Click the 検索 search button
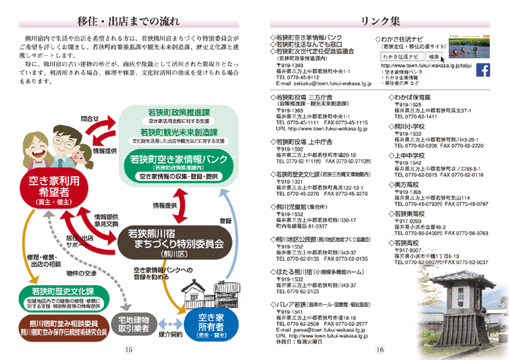pyautogui.click(x=434, y=55)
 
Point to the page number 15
pyautogui.click(x=128, y=349)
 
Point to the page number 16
pyautogui.click(x=380, y=349)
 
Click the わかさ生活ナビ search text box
pyautogui.click(x=402, y=55)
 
